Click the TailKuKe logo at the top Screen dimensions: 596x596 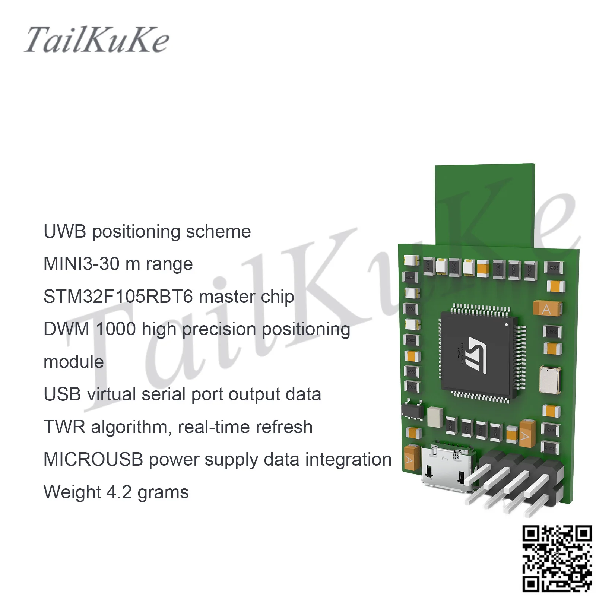click(97, 40)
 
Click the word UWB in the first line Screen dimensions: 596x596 click(65, 232)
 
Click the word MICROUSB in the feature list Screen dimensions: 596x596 click(93, 459)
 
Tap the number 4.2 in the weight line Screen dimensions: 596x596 click(119, 492)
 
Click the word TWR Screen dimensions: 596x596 click(64, 427)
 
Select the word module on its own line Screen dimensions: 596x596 click(74, 362)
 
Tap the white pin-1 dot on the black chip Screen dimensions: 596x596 click(506, 325)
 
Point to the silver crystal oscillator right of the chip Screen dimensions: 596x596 click(550, 380)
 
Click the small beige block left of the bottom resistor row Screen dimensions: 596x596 click(435, 416)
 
